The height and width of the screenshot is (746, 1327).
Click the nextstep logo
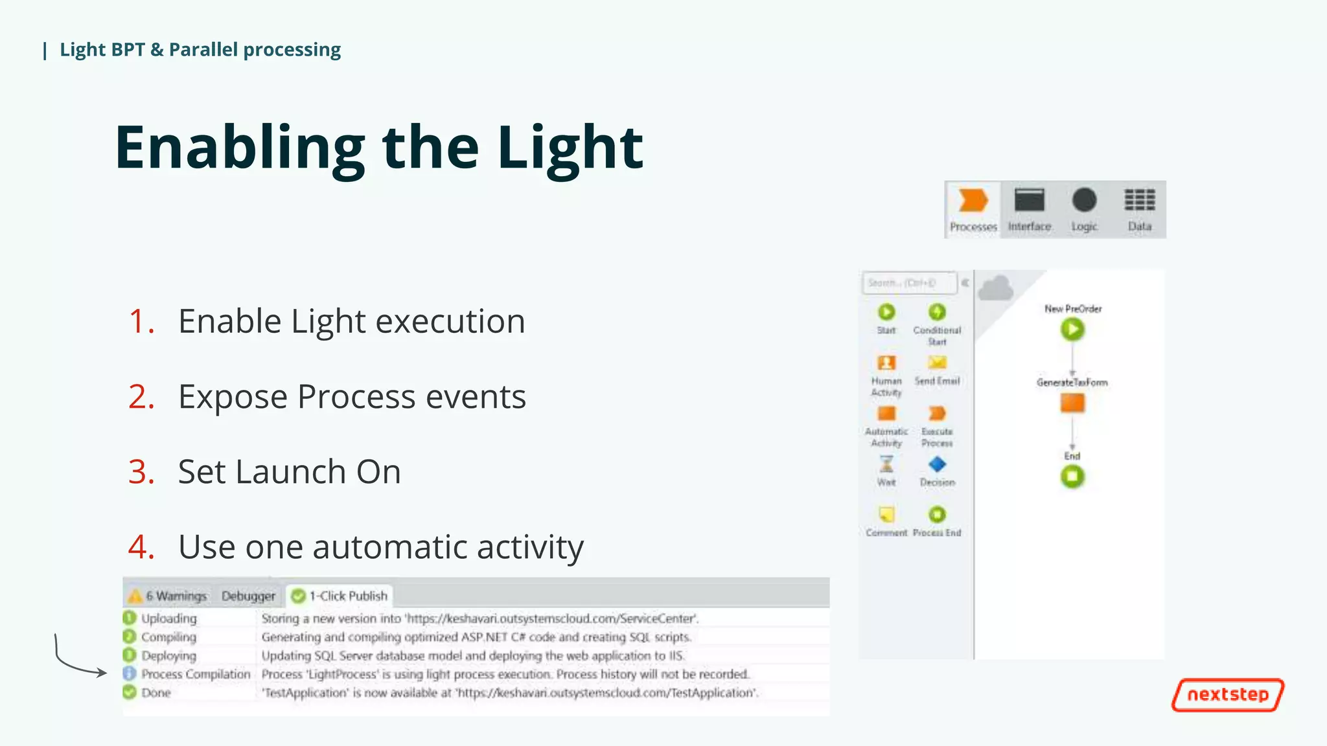point(1228,695)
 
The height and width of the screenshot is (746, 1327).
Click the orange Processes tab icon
point(973,201)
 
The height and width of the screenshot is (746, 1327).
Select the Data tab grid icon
point(1140,201)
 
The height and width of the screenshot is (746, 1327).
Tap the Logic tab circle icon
point(1084,201)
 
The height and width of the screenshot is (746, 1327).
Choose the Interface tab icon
point(1029,201)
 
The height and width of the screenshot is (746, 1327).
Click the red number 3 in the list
point(141,471)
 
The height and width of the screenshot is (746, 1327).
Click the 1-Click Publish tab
point(340,596)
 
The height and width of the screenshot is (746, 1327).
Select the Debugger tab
point(248,596)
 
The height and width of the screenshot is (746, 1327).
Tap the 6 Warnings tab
point(168,596)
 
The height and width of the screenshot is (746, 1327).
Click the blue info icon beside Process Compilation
point(130,673)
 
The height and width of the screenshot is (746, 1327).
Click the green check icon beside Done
point(130,692)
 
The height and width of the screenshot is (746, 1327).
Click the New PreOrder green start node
point(1072,330)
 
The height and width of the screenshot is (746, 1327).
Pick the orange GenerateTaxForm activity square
point(1072,403)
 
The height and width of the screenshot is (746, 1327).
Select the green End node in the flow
point(1072,477)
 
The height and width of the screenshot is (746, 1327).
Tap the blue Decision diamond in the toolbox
point(937,464)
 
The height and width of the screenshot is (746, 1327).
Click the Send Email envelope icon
point(937,363)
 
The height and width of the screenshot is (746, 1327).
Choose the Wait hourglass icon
point(886,464)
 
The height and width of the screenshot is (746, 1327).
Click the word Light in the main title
point(570,148)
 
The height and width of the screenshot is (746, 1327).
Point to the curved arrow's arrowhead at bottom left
point(104,673)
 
